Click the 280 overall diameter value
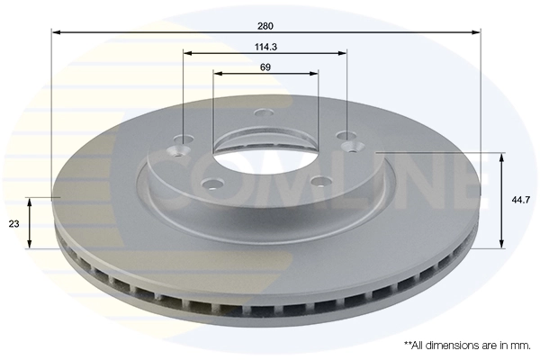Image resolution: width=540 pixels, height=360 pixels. (x=265, y=26)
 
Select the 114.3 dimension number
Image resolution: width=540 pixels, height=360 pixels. (x=265, y=47)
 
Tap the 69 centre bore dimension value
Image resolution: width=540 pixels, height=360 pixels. (x=265, y=67)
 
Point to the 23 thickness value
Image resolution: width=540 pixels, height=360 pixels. (x=13, y=222)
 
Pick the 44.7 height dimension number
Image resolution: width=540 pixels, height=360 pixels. (x=520, y=202)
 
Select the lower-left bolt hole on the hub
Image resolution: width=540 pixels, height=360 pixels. (x=213, y=185)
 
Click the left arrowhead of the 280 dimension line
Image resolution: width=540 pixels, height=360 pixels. (x=55, y=33)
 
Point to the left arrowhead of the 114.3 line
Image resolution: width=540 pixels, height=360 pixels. (x=188, y=53)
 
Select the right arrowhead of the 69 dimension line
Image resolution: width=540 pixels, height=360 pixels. (x=314, y=74)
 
